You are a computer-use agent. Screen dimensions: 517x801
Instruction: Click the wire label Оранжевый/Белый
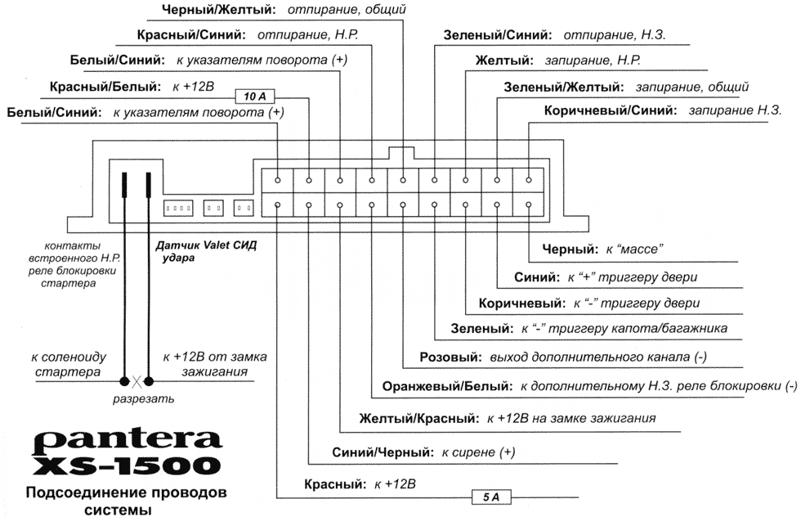click(442, 386)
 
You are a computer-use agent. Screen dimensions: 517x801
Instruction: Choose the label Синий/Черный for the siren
click(383, 452)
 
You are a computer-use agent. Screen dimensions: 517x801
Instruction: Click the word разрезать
click(144, 398)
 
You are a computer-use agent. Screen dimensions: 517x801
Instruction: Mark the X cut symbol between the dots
click(137, 380)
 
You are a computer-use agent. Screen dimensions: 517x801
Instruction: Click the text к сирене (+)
click(478, 452)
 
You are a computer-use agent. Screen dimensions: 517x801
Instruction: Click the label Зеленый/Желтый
click(563, 86)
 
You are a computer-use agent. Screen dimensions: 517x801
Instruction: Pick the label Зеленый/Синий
click(497, 36)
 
